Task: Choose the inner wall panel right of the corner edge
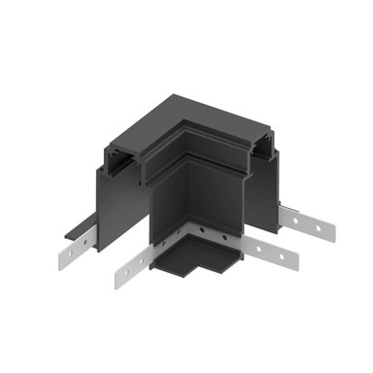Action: (x=216, y=199)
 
